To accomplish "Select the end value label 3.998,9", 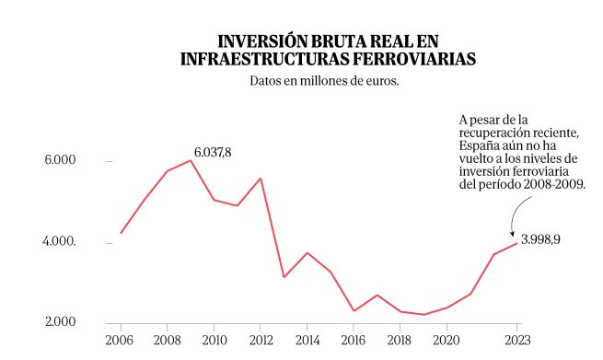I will pos(540,238).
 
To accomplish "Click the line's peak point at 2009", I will pos(191,160).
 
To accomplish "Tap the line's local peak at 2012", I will pos(261,179).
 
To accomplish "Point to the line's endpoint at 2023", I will pos(517,243).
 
